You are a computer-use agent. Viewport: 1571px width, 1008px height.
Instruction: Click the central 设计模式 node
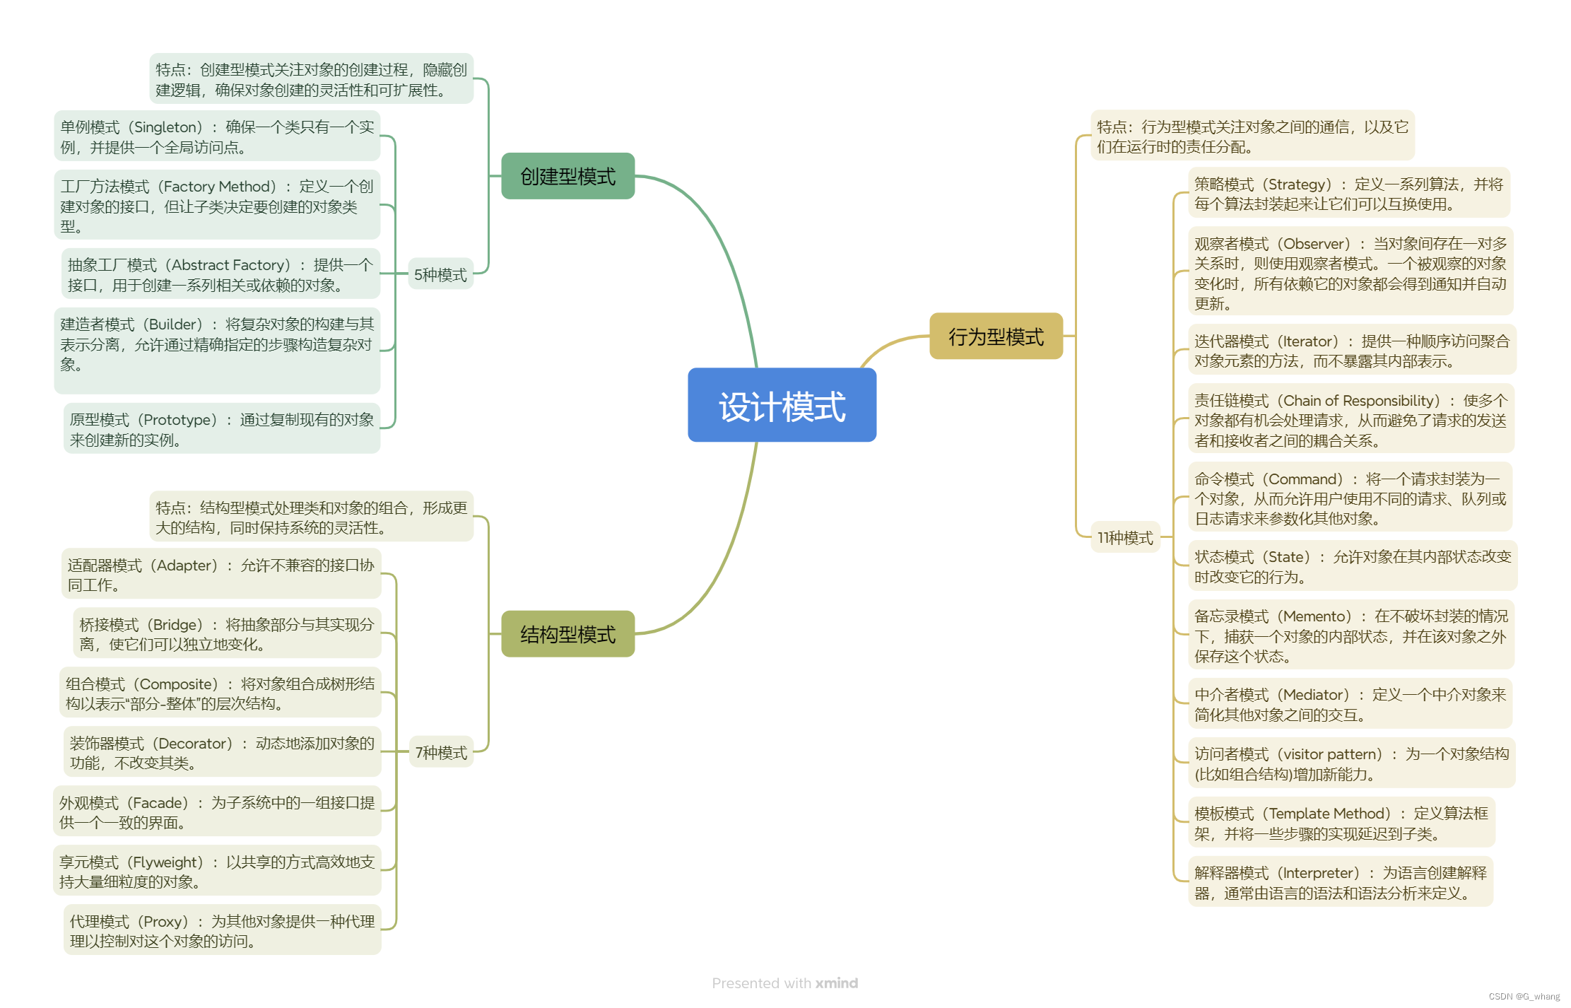782,405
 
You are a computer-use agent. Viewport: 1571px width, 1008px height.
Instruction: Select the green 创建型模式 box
567,176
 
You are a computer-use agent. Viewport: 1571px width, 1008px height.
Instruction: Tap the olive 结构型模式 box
567,634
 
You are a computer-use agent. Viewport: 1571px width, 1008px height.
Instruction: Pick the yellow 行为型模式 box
996,336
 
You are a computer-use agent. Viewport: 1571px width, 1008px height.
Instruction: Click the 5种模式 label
440,274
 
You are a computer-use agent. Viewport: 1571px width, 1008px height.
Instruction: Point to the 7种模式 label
441,752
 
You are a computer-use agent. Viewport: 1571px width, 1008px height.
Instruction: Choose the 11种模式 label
1125,537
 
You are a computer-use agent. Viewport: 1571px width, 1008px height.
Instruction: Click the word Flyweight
167,862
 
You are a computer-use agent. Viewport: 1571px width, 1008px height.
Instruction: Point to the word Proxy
165,922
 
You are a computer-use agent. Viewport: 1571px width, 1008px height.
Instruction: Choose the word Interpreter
1319,873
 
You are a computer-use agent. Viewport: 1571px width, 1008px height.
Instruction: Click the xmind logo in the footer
837,983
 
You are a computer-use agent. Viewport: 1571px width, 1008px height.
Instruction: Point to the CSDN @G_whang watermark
1524,997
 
